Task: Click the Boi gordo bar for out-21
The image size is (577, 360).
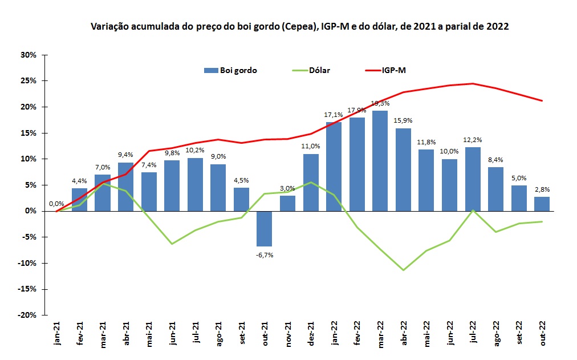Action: [x=265, y=228]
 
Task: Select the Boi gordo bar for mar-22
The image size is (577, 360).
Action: [x=380, y=161]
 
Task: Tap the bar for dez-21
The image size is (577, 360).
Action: [x=311, y=183]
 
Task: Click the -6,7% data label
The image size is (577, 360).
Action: [x=265, y=255]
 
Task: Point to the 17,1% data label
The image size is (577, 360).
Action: [x=334, y=115]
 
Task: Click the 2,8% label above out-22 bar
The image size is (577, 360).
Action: [x=542, y=189]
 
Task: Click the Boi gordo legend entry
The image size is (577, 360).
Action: [x=230, y=70]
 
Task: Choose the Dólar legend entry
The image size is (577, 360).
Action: [x=319, y=70]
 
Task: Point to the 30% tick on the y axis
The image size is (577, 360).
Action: [x=28, y=55]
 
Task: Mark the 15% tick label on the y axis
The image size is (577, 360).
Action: [x=28, y=133]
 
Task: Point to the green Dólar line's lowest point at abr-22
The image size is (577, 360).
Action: [x=404, y=270]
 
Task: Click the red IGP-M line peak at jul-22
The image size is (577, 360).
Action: [x=473, y=83]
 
